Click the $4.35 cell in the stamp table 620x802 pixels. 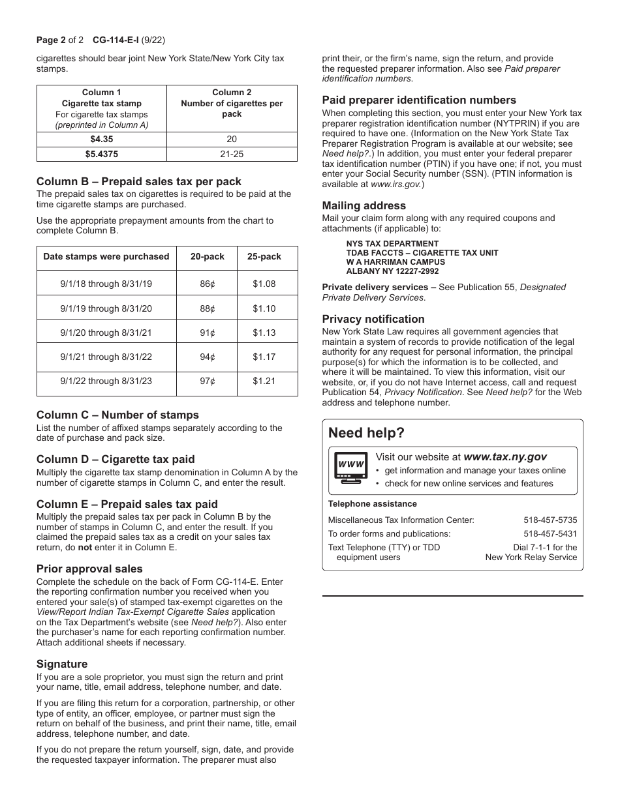tap(101, 139)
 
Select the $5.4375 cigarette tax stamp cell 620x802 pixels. tap(101, 155)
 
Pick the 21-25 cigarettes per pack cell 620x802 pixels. tap(232, 155)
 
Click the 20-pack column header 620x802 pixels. tap(207, 257)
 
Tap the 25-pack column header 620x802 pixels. tap(264, 257)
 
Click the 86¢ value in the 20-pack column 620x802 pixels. tap(207, 284)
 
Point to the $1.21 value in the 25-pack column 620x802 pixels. tap(264, 381)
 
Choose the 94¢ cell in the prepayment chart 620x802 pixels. tap(207, 357)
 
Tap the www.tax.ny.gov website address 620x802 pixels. tap(505, 457)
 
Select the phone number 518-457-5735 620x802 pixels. tap(550, 520)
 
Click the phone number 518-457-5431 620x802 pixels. tap(550, 533)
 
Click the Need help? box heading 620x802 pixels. tap(366, 433)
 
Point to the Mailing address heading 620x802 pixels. tap(364, 206)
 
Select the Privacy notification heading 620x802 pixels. tap(373, 319)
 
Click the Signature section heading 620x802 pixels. tap(62, 664)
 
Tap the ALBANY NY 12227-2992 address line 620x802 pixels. tap(392, 271)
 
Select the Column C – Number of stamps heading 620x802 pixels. tap(117, 415)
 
